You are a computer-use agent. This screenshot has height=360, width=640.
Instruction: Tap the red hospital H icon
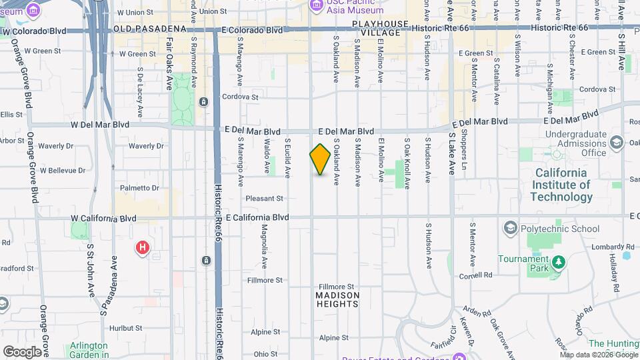click(142, 248)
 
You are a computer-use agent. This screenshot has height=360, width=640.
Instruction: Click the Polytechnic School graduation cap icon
click(511, 229)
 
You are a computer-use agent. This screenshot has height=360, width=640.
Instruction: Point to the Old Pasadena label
click(149, 29)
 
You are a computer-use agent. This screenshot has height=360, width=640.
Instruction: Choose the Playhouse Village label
click(380, 29)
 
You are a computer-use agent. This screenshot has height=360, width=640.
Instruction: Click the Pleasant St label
click(265, 198)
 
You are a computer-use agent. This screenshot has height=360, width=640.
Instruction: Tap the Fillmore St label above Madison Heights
click(339, 286)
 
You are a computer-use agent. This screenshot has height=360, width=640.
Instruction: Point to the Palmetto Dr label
click(140, 188)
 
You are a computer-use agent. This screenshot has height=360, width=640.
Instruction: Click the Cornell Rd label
click(475, 275)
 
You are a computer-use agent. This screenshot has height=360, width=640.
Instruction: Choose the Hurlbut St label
click(126, 328)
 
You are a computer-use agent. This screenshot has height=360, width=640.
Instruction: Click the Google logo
click(21, 351)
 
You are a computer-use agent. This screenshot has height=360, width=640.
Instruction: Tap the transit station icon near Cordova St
click(204, 101)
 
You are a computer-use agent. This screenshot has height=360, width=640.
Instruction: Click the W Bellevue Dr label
click(63, 171)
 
